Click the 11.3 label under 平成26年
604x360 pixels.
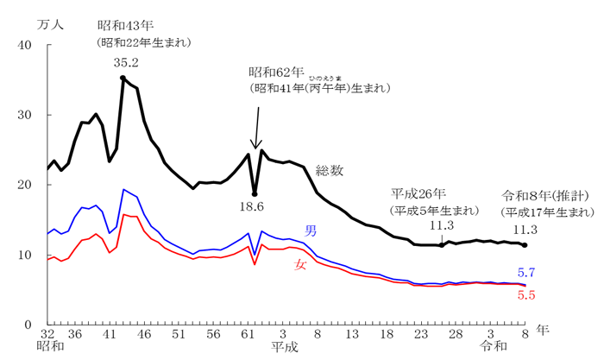(441, 226)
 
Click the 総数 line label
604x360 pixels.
(330, 169)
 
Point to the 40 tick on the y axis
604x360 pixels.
(25, 46)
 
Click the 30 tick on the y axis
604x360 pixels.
(25, 116)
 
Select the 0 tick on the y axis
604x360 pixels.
(28, 324)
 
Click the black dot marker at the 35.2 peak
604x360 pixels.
(123, 78)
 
